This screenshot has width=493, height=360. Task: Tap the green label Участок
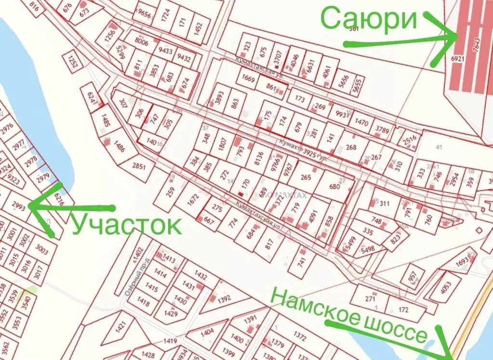coord(127,225)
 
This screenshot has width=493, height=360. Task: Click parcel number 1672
coord(192,200)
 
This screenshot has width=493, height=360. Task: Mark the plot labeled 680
coord(335,187)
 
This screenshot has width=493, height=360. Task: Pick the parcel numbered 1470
coord(361,122)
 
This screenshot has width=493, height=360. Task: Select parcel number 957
coord(413,279)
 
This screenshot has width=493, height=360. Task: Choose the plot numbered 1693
coord(462,262)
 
